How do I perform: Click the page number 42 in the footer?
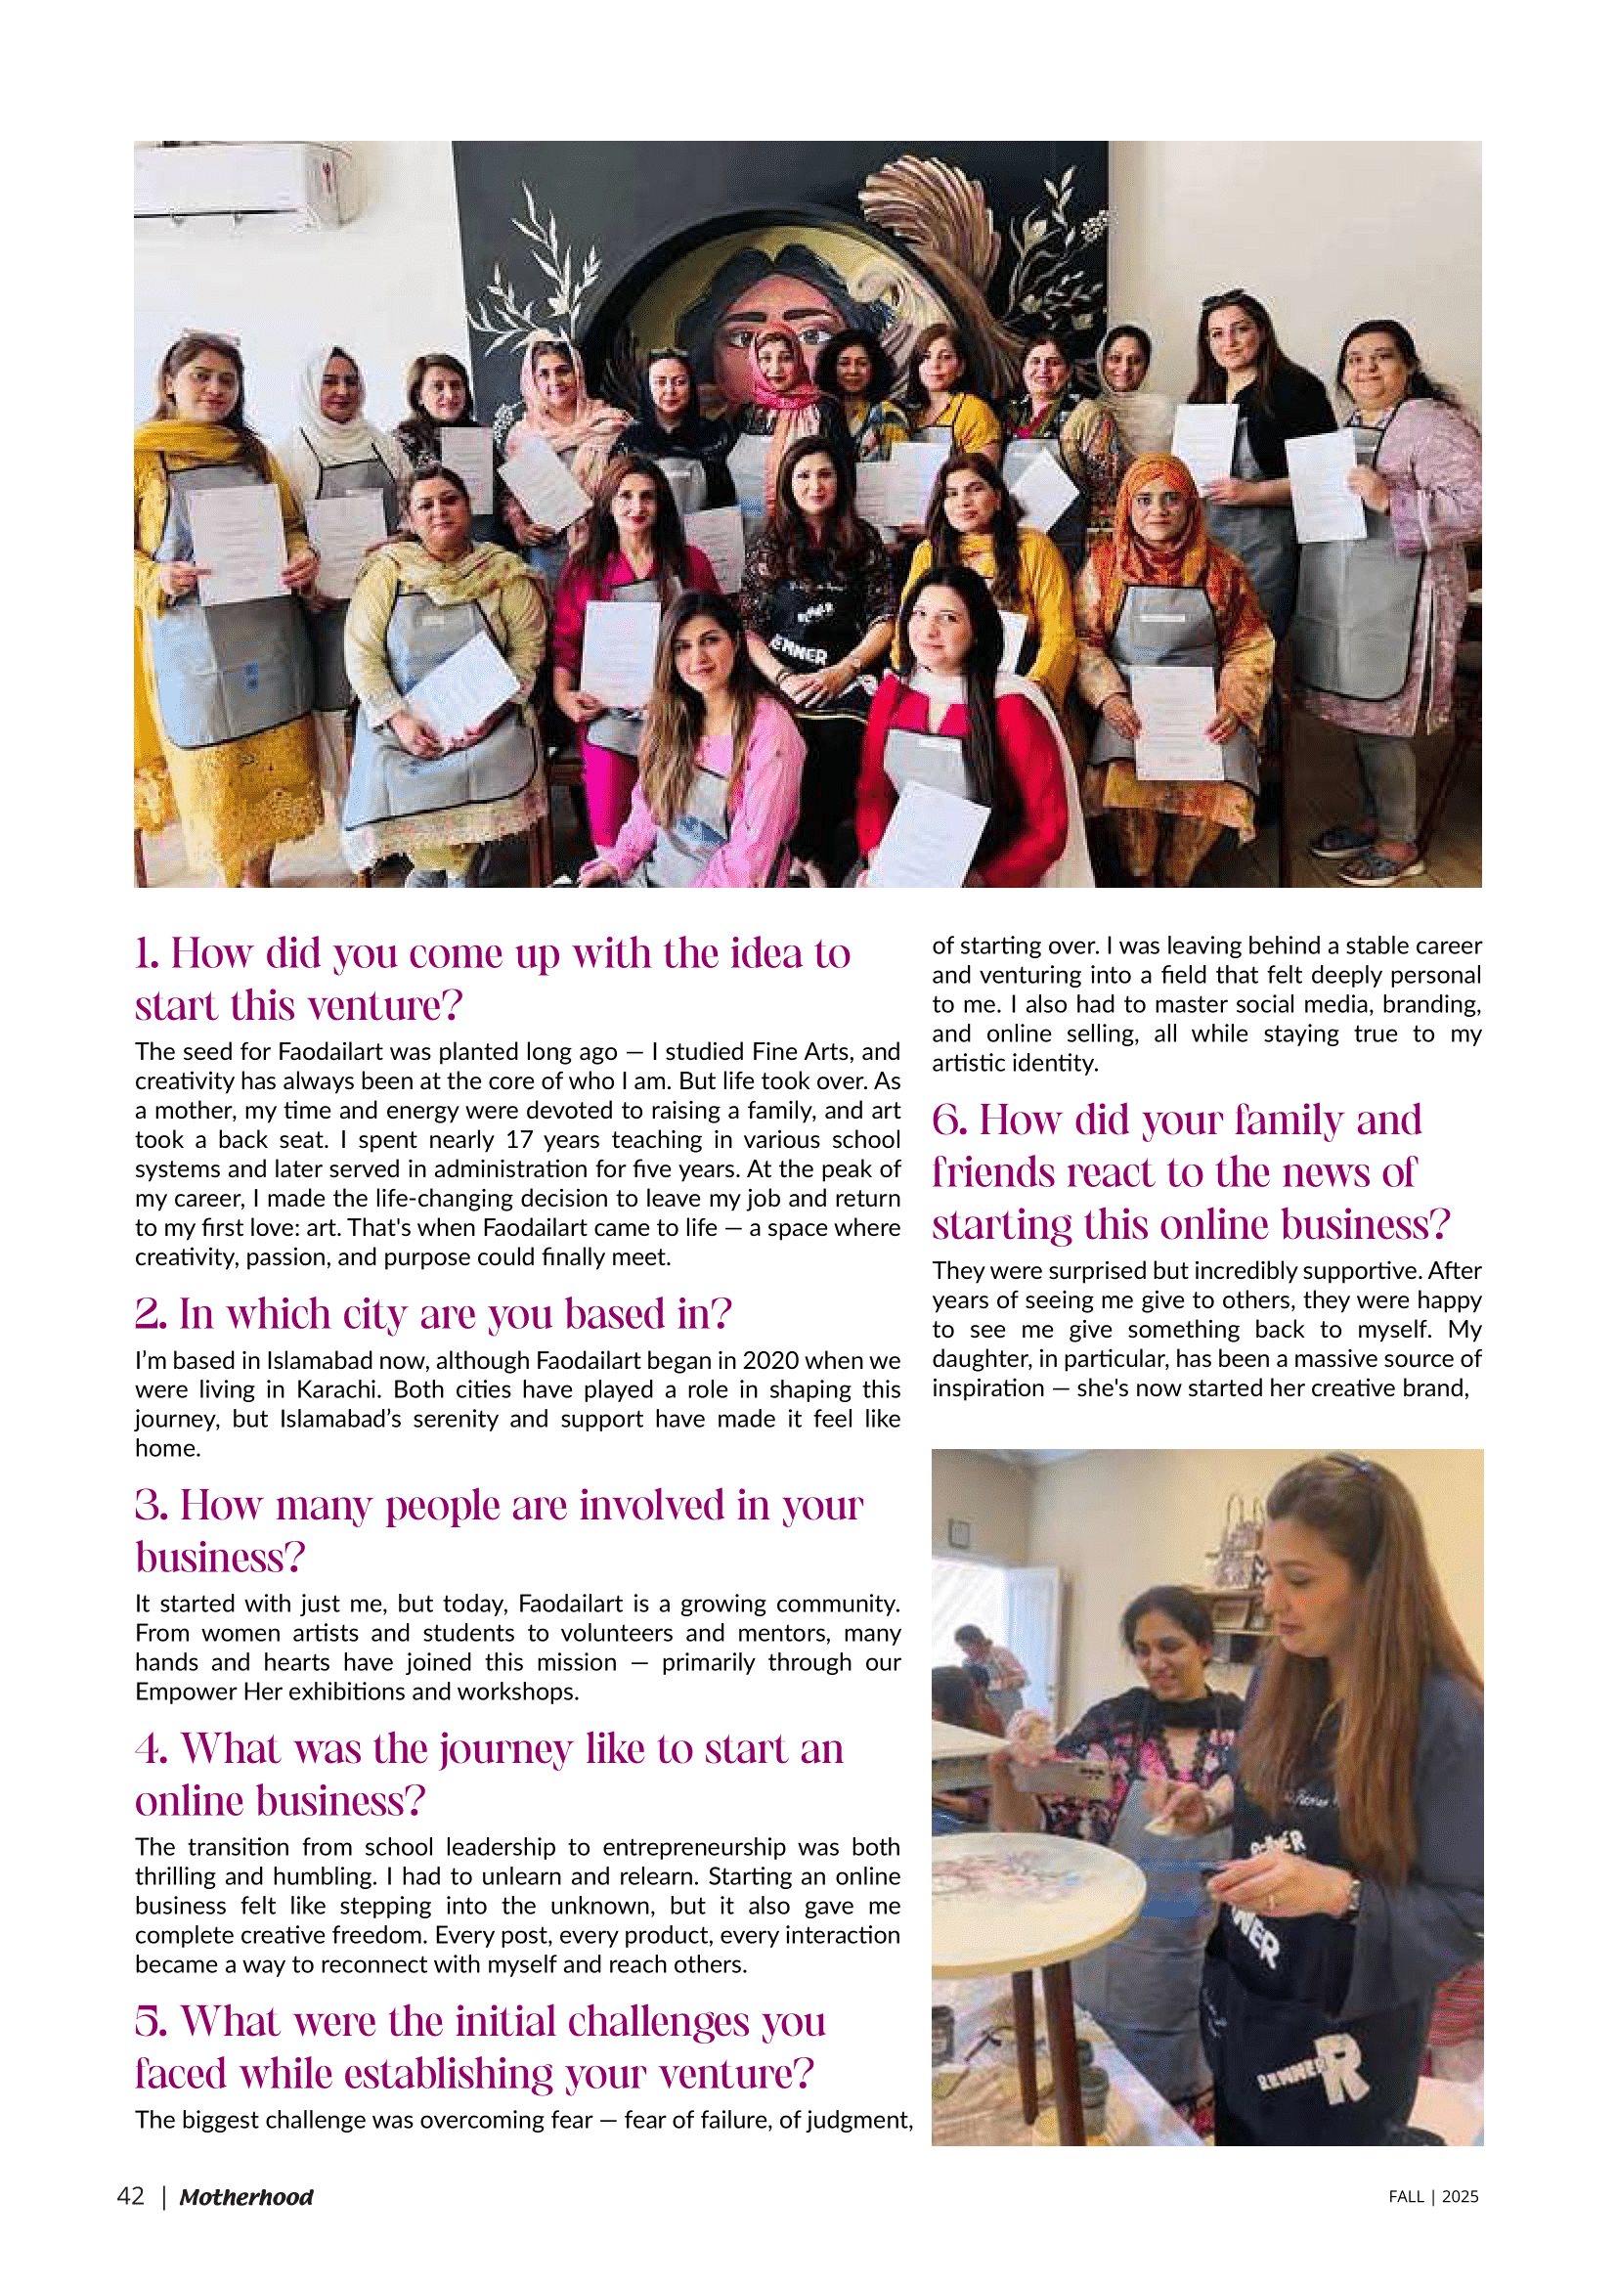coord(130,2196)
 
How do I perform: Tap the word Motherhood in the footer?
coord(246,2197)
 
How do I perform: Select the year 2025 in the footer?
coord(1460,2197)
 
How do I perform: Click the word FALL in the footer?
coord(1406,2197)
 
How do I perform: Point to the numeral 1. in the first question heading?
coord(147,954)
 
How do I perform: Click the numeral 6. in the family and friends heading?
coord(949,1121)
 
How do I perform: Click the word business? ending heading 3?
coord(219,1558)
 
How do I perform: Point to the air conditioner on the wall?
coord(243,179)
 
